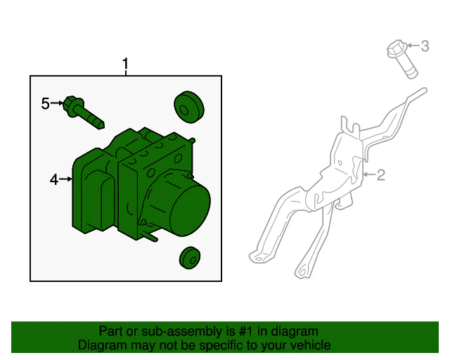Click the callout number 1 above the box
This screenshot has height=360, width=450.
tap(125, 64)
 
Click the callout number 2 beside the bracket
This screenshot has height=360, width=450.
tap(380, 175)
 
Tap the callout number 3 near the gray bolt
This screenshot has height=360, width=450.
tap(425, 46)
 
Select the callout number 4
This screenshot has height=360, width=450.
tap(54, 180)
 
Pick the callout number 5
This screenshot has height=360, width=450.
tap(45, 103)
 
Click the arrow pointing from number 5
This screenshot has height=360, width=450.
tap(56, 103)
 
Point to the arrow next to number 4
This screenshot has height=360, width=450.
tap(65, 179)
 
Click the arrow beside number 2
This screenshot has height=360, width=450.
tap(369, 174)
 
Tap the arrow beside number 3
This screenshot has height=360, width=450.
tap(413, 46)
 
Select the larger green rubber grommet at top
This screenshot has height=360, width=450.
tap(189, 108)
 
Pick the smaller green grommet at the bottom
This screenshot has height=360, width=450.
tap(190, 258)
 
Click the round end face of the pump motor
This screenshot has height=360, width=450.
tap(191, 211)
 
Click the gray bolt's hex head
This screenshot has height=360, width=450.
tap(397, 49)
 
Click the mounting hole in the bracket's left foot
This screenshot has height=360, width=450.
tap(259, 259)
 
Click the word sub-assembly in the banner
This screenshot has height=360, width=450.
tap(181, 332)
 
